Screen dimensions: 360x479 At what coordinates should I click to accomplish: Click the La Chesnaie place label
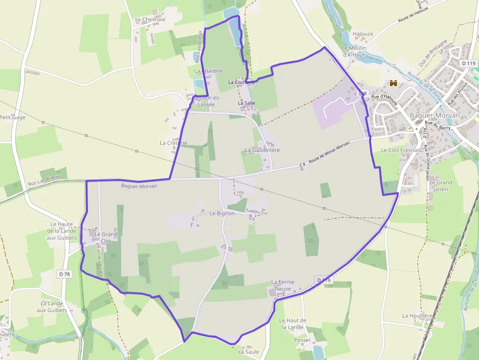[x=150, y=20]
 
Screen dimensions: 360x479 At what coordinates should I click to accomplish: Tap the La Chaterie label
[x=208, y=71]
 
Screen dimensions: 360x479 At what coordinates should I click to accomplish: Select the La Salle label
[x=247, y=104]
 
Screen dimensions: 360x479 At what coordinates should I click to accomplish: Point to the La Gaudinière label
[x=262, y=150]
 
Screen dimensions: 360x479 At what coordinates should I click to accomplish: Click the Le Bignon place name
[x=222, y=213]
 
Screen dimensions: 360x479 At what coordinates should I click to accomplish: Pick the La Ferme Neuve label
[x=282, y=285]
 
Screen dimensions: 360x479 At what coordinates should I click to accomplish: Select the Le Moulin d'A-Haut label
[x=354, y=51]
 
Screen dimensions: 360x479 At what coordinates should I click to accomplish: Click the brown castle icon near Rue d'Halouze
[x=393, y=84]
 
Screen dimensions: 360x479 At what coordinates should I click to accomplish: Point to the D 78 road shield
[x=64, y=274]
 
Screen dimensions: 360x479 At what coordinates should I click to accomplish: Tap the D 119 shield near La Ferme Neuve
[x=324, y=280]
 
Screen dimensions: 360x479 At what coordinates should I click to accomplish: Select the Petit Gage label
[x=12, y=117]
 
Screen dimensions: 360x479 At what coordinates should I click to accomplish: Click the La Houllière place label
[x=417, y=316]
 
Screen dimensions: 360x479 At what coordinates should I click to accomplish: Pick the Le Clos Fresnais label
[x=401, y=150]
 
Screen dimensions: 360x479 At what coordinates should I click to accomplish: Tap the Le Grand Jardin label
[x=441, y=186]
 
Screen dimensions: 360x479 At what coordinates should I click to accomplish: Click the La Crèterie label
[x=174, y=143]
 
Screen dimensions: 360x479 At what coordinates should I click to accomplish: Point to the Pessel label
[x=302, y=339]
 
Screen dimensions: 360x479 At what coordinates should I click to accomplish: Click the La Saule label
[x=248, y=351]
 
